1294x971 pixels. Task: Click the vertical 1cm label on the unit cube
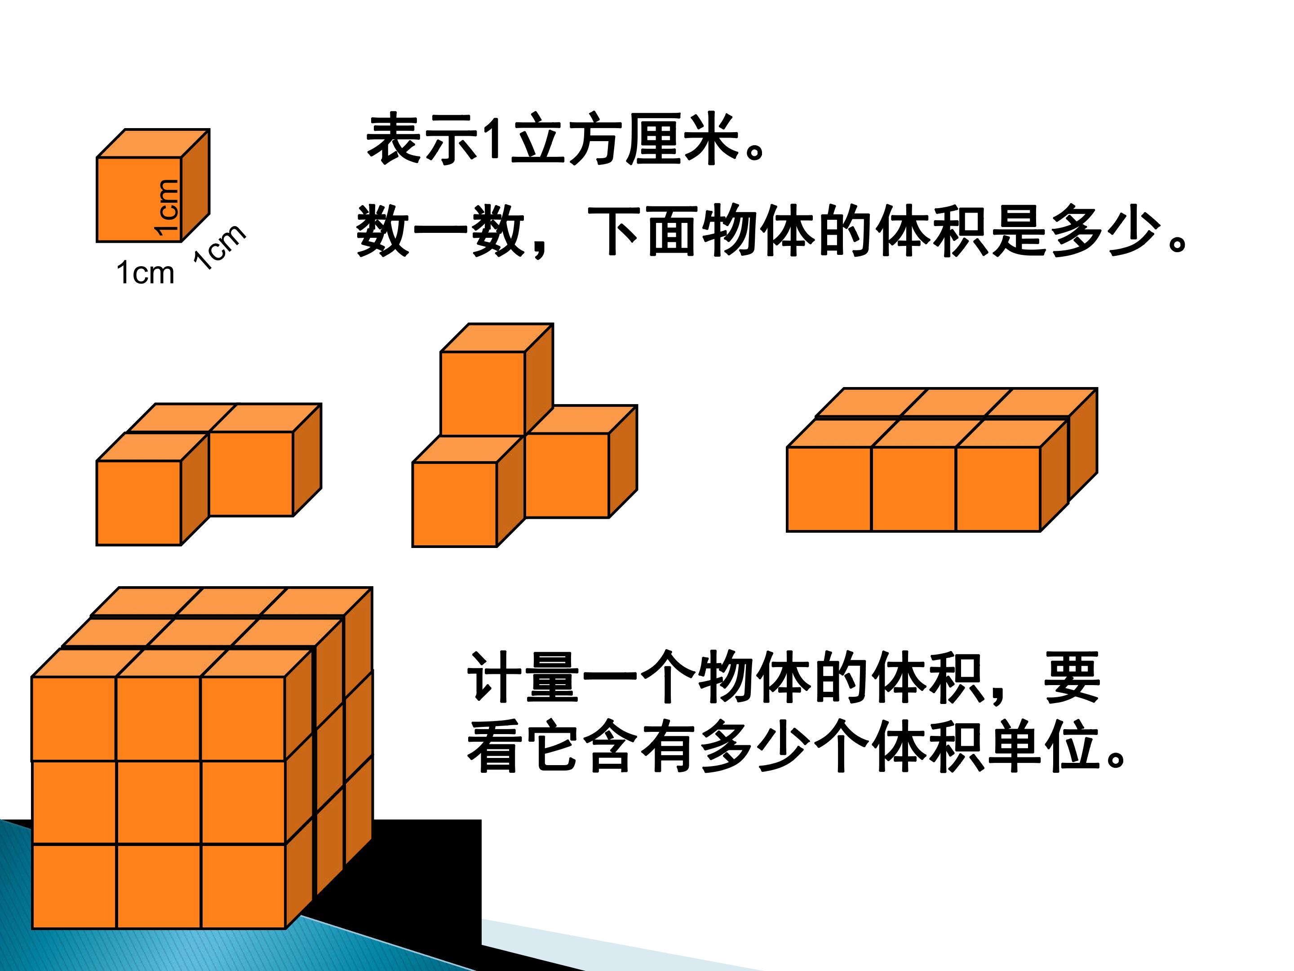click(166, 208)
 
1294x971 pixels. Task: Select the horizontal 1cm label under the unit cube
click(146, 273)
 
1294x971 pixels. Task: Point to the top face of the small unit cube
click(153, 143)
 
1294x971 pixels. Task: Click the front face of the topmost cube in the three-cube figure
click(483, 394)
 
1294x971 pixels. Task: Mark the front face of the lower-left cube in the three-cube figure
click(455, 504)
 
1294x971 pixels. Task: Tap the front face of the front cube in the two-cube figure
click(139, 503)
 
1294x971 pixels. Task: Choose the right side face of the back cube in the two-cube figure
click(307, 459)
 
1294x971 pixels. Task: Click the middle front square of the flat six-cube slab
click(914, 489)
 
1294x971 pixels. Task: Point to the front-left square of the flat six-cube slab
click(829, 489)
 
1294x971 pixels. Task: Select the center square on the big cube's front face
click(159, 802)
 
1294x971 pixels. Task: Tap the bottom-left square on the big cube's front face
click(74, 886)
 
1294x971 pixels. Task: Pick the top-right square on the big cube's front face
click(243, 718)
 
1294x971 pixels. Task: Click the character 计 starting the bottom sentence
click(494, 677)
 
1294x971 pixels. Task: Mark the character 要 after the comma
click(1072, 677)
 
